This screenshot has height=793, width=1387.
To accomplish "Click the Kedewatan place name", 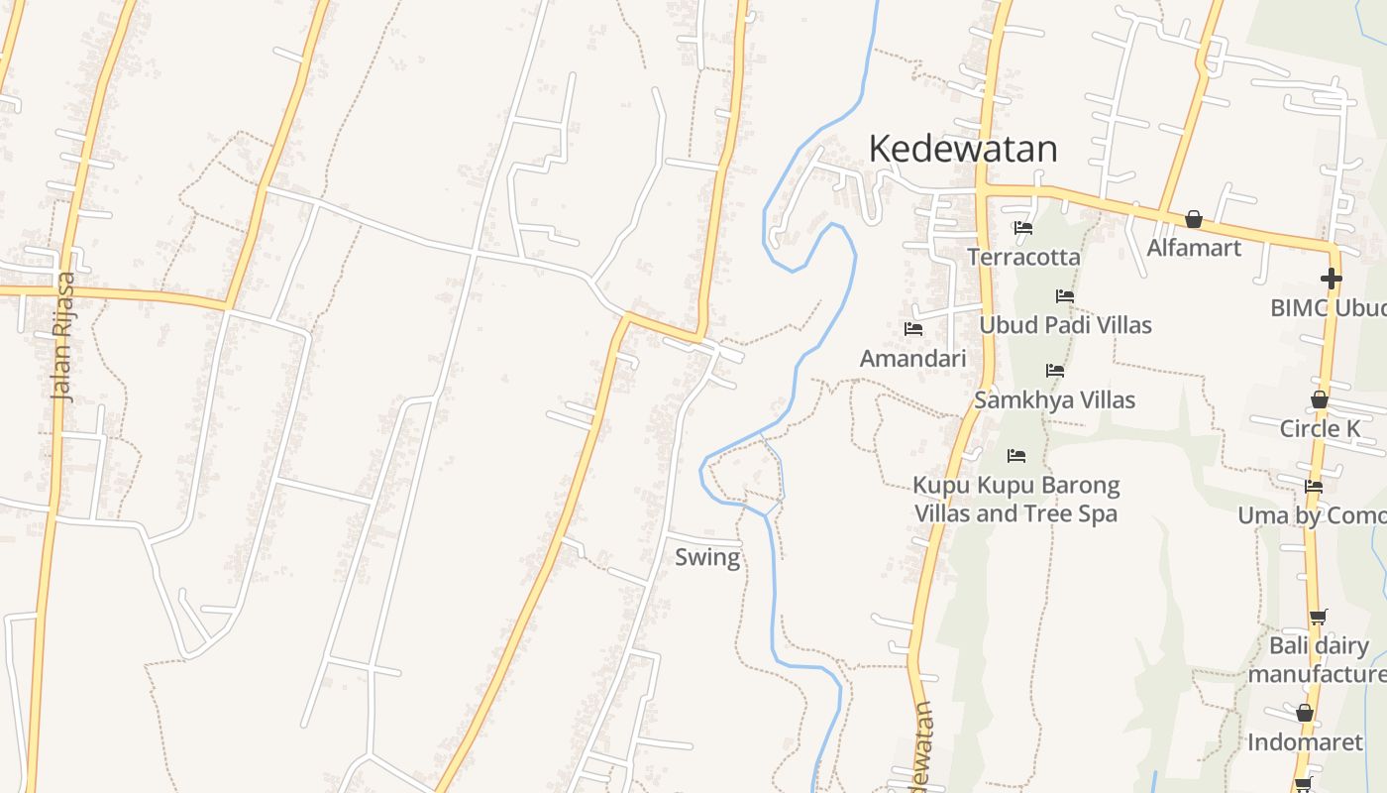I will click(x=962, y=149).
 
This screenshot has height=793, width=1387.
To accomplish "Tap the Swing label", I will click(x=707, y=557).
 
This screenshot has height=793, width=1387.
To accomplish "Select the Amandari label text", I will click(x=912, y=358).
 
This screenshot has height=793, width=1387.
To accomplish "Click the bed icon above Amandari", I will click(x=913, y=328).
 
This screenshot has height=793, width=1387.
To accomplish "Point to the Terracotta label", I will click(x=1023, y=257).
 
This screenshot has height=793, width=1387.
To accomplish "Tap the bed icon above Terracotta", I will click(x=1023, y=227).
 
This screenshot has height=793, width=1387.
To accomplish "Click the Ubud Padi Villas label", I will click(x=1065, y=325).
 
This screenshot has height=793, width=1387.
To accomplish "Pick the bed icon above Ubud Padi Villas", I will click(x=1065, y=295).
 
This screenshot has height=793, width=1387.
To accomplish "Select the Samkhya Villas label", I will click(x=1054, y=399).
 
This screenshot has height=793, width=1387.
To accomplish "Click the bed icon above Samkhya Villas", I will click(x=1055, y=371).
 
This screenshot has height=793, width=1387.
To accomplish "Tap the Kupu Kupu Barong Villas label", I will click(x=1015, y=500).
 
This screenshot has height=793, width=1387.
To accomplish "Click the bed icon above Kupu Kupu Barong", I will click(x=1016, y=456).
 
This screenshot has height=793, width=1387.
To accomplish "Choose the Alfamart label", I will click(x=1194, y=247).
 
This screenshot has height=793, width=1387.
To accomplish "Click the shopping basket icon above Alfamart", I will click(x=1194, y=219).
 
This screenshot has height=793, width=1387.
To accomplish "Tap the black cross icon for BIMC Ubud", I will click(x=1331, y=279).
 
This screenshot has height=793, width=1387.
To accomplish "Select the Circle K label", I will click(x=1320, y=428).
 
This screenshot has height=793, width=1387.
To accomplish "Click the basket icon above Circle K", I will click(x=1320, y=399).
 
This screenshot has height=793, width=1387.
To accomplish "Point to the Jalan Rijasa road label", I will click(x=63, y=336).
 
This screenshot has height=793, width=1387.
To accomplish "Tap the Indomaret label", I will click(x=1305, y=741).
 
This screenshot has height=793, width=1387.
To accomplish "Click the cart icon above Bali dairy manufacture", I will click(x=1318, y=617).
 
